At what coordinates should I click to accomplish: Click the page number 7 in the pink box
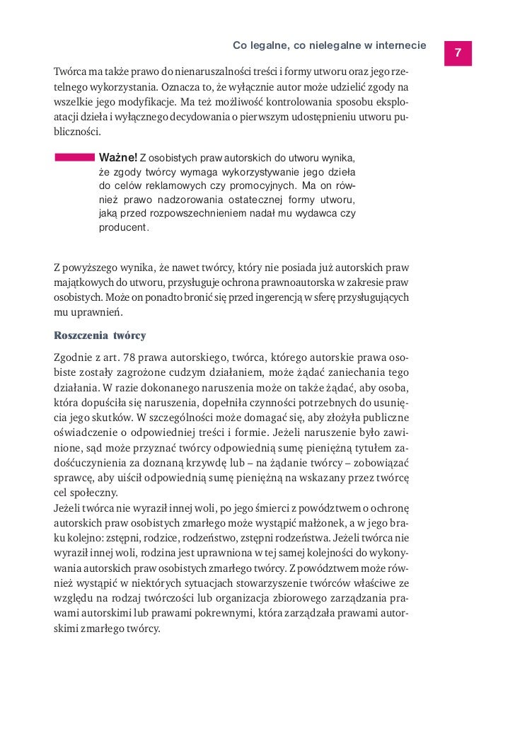pyautogui.click(x=458, y=53)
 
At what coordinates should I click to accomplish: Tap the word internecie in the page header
pyautogui.click(x=399, y=46)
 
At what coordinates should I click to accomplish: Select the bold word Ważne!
pyautogui.click(x=117, y=156)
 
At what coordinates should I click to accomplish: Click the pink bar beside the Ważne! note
pyautogui.click(x=75, y=156)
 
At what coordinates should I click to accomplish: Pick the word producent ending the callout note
pyautogui.click(x=124, y=229)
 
